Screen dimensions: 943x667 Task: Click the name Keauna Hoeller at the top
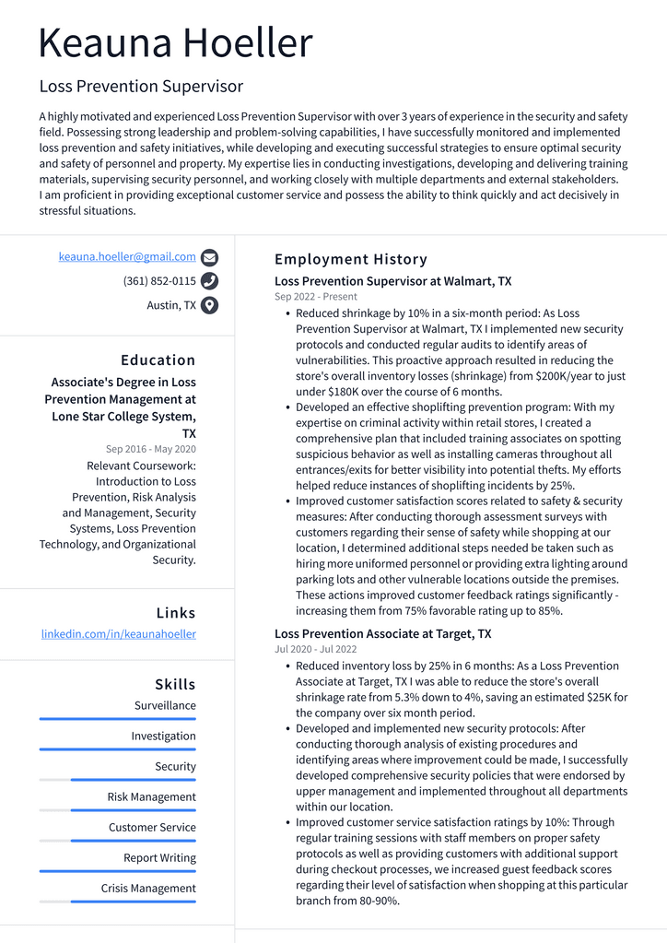pyautogui.click(x=176, y=43)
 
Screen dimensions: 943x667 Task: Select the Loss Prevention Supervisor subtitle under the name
pyautogui.click(x=141, y=87)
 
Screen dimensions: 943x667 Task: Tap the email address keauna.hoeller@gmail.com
pyautogui.click(x=127, y=257)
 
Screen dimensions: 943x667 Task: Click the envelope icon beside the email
pyautogui.click(x=209, y=258)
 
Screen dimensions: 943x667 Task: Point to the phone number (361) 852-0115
pyautogui.click(x=159, y=281)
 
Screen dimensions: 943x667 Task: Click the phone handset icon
pyautogui.click(x=209, y=281)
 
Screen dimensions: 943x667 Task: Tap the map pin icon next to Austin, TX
pyautogui.click(x=209, y=305)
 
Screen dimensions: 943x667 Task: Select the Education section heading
pyautogui.click(x=158, y=360)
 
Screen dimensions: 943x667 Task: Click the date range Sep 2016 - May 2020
pyautogui.click(x=150, y=449)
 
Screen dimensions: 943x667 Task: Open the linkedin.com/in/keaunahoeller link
pyautogui.click(x=119, y=634)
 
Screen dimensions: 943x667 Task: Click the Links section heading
pyautogui.click(x=175, y=613)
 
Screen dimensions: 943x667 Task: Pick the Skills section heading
pyautogui.click(x=175, y=684)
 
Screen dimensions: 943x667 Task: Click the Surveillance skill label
pyautogui.click(x=165, y=705)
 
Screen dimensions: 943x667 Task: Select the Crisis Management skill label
pyautogui.click(x=148, y=889)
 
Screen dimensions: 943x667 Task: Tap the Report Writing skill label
pyautogui.click(x=159, y=858)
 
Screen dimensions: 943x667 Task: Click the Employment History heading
pyautogui.click(x=351, y=259)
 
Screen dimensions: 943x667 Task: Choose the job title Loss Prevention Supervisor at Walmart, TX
pyautogui.click(x=392, y=281)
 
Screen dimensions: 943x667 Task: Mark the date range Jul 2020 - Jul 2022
pyautogui.click(x=316, y=649)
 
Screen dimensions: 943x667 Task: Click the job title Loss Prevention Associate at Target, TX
pyautogui.click(x=382, y=634)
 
